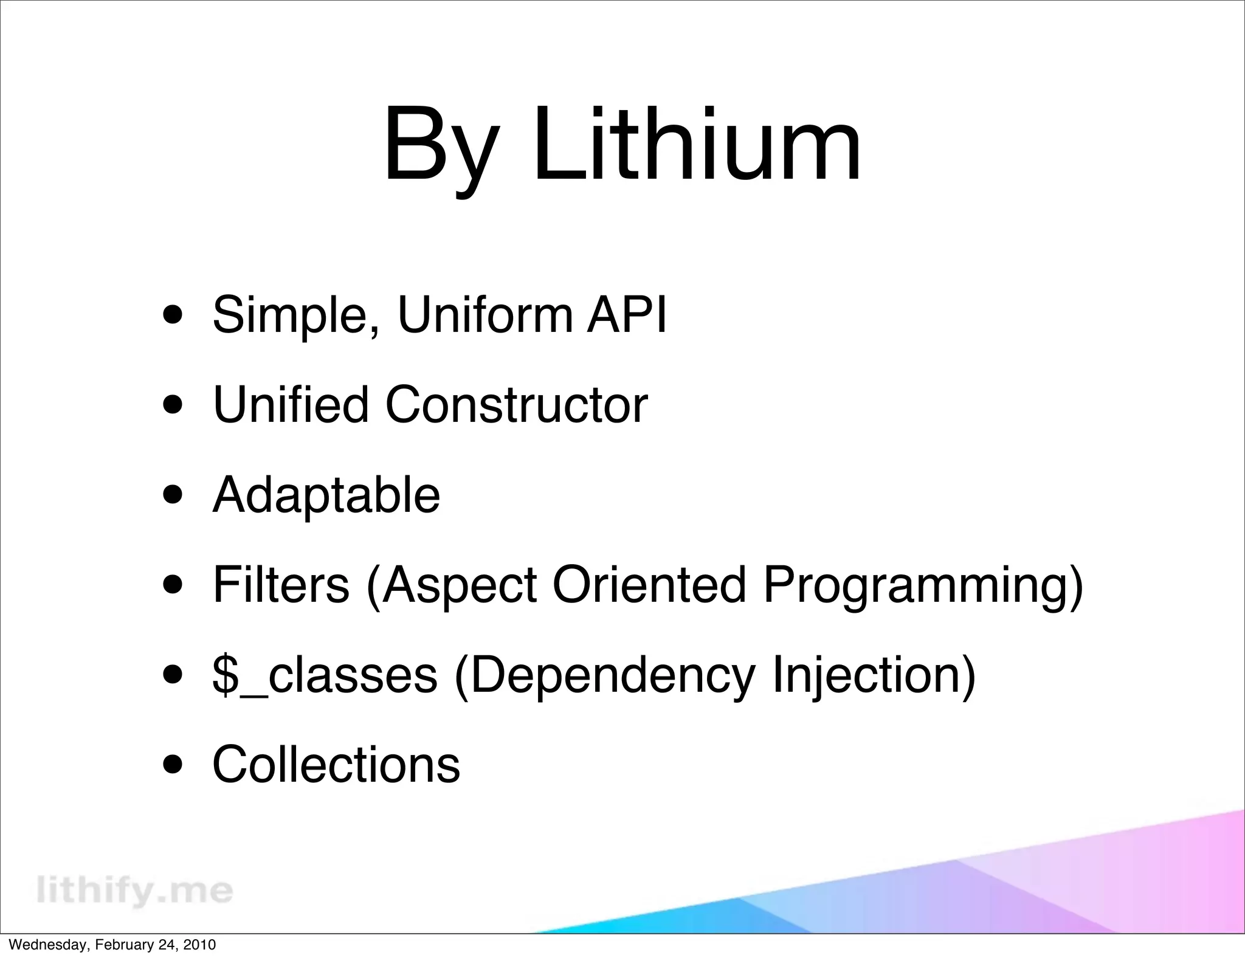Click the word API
[626, 315]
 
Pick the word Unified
[291, 405]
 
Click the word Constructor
[516, 405]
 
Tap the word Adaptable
[326, 495]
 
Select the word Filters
[281, 585]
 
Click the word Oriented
[649, 585]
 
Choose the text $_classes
[325, 675]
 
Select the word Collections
[336, 764]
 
